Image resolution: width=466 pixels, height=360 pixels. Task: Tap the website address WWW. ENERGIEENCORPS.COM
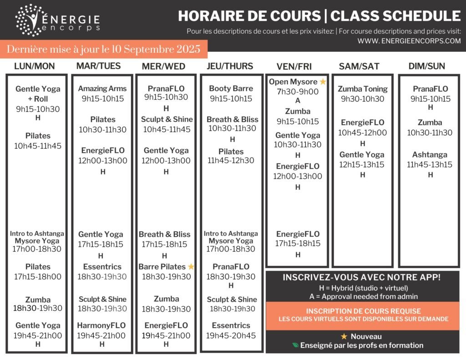[x=409, y=41]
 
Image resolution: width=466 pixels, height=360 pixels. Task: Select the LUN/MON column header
[x=35, y=66]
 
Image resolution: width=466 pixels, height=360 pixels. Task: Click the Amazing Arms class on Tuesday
[x=102, y=89]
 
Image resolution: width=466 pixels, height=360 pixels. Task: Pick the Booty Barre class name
[x=231, y=89]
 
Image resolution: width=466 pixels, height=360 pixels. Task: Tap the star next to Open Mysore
[x=323, y=82]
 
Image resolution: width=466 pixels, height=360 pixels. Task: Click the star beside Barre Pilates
[x=191, y=267]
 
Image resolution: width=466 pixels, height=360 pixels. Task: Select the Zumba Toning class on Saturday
[x=363, y=89]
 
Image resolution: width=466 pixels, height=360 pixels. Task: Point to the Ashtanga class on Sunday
[x=430, y=155]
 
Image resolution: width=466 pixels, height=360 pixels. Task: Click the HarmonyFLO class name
[x=101, y=326]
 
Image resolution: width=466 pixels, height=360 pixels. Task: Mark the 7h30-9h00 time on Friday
[x=298, y=91]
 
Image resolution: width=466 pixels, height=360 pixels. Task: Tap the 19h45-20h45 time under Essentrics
[x=231, y=336]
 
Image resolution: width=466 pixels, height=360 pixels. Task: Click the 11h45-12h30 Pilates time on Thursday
[x=231, y=161]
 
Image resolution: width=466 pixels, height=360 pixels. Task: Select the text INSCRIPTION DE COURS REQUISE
[x=363, y=311]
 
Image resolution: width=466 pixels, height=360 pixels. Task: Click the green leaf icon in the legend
[x=295, y=345]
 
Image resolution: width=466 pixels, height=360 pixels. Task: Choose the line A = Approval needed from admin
[x=363, y=297]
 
